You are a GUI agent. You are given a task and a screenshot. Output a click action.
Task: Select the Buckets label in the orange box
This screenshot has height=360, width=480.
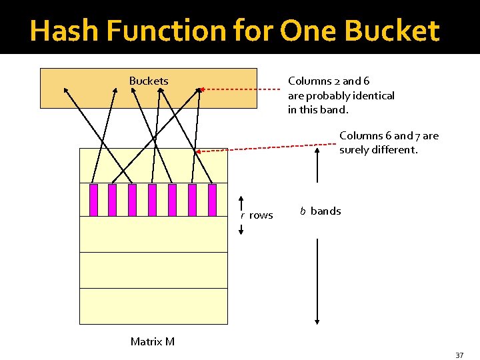coord(149,81)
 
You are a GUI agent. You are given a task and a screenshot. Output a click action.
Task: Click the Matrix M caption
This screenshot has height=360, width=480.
coord(153,341)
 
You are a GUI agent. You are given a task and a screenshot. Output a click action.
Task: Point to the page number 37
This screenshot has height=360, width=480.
coord(459,355)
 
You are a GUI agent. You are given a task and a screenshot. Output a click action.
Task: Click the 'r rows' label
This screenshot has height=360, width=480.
coord(257,215)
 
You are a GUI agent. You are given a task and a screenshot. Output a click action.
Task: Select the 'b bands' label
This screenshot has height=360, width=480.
coord(321,211)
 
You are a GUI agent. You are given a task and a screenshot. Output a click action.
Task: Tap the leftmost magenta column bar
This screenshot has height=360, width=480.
coord(93,200)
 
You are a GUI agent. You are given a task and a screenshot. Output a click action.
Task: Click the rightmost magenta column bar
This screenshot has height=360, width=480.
coord(212,200)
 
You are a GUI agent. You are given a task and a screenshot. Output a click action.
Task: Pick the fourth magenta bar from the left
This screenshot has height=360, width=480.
coord(152,200)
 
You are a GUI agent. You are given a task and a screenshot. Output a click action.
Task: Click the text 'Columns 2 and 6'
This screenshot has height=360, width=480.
coord(329,81)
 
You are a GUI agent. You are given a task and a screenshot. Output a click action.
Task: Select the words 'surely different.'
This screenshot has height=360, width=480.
coord(379,149)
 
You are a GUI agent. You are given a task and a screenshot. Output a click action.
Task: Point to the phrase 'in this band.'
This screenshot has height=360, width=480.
coord(318,110)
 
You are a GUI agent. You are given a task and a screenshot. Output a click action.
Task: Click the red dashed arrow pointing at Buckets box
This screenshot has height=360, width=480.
coord(240,89)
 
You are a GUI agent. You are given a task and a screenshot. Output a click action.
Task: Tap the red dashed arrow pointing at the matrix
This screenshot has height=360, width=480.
coord(267,149)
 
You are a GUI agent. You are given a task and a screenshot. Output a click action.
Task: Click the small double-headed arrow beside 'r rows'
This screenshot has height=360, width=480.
coord(241,215)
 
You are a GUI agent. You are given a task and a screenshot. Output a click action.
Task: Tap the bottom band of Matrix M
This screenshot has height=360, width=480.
coord(153,306)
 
